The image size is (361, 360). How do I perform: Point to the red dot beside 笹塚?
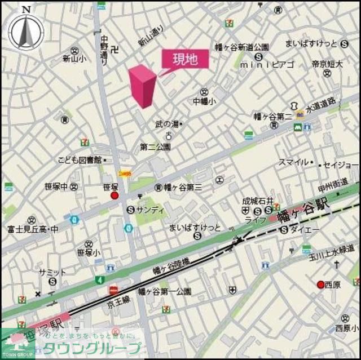pos(115,195)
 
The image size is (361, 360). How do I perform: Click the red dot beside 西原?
pos(320,285)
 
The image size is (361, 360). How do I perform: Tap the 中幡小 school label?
pos(204,102)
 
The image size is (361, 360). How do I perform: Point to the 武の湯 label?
pos(166,123)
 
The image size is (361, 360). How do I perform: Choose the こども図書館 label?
pos(79,161)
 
